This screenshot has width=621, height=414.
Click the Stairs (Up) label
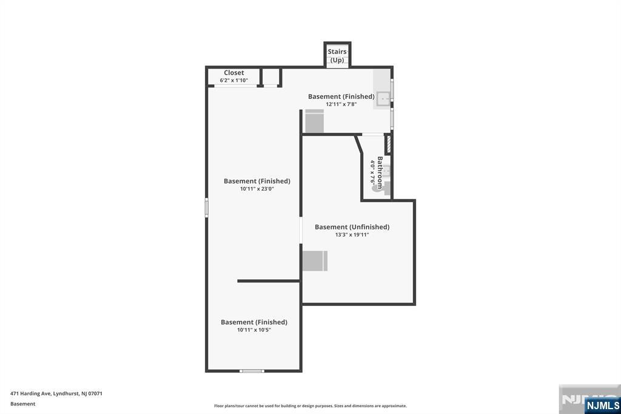[337, 56]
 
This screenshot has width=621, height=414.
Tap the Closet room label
[233, 73]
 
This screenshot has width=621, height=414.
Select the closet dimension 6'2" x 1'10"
[233, 80]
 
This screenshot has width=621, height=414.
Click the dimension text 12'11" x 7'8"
[341, 104]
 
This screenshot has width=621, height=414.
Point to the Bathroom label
[380, 173]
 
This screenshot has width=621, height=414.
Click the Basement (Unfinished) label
[352, 227]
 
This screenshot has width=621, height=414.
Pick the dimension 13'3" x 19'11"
[352, 234]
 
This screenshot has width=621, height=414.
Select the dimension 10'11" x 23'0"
[257, 189]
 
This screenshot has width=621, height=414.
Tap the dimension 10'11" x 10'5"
[253, 330]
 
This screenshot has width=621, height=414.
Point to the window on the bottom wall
[252, 370]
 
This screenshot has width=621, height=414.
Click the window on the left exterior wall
[207, 208]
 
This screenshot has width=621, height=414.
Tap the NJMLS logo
[602, 405]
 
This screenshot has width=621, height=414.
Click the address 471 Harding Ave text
[56, 393]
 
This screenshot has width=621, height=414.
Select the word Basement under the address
[23, 404]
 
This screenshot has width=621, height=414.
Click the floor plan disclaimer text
[310, 406]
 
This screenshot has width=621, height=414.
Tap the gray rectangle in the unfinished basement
[315, 261]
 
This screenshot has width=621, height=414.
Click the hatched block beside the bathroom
[388, 144]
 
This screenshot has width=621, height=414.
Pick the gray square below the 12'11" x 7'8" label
[315, 121]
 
